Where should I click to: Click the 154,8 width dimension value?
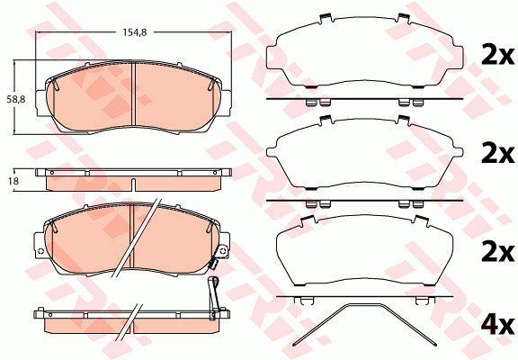coord(135,32)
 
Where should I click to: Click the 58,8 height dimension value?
coord(16,99)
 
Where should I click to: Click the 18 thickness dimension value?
coord(14,181)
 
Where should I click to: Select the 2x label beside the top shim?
coord(497,56)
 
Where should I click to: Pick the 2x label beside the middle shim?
coord(497,155)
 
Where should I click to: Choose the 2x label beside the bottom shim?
coord(497,253)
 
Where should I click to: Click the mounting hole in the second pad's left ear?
coord(41,251)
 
